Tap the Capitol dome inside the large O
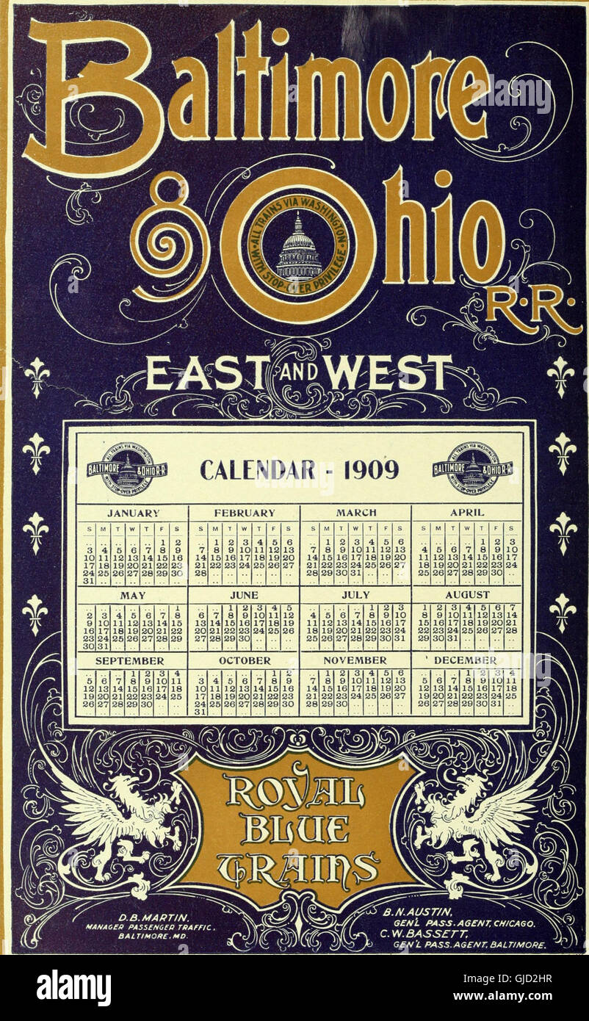[x=297, y=245]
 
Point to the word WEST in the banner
[x=388, y=373]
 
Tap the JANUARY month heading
[x=133, y=513]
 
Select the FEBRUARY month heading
[x=244, y=513]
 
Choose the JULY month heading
[x=355, y=594]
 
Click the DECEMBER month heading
[x=465, y=660]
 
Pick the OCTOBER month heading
[x=244, y=660]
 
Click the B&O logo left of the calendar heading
[x=126, y=468]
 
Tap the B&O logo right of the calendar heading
[x=472, y=468]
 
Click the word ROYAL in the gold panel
[x=294, y=793]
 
